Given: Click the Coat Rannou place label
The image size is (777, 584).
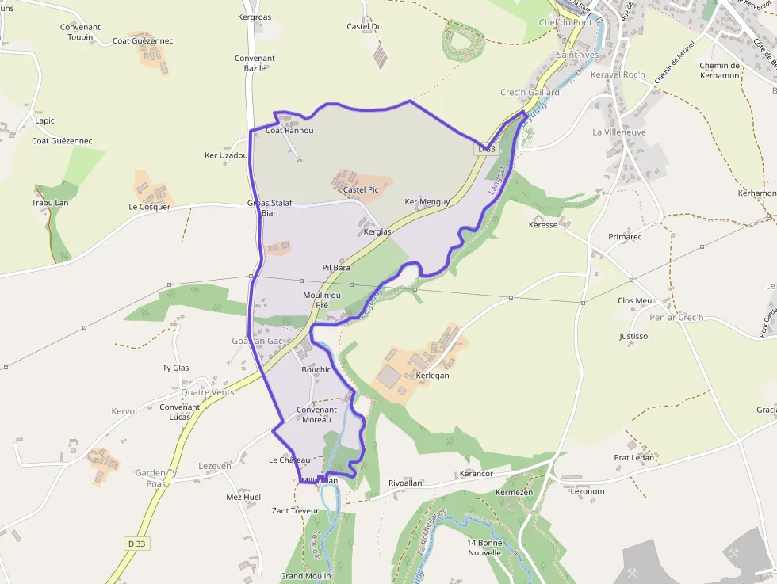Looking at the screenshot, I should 289,131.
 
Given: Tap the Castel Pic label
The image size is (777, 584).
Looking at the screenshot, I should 361,190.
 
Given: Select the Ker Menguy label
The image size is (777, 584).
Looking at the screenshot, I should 427,202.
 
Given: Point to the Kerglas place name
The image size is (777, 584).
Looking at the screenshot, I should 377,231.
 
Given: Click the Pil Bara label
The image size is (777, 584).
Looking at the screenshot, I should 336,268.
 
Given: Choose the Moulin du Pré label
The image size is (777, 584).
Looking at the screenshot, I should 322,300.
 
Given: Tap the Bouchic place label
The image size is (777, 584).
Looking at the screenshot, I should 316,370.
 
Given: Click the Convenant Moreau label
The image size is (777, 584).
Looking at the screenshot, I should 317,414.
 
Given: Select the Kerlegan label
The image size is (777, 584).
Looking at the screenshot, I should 432,376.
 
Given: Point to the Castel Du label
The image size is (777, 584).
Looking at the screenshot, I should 364,26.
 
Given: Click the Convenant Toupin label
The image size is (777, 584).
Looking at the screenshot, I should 80,32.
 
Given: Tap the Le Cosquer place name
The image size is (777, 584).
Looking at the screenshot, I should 150,207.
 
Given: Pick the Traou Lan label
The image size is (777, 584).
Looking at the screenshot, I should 50,203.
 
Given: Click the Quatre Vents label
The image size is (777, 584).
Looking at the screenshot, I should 208,392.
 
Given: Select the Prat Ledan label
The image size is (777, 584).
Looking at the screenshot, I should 634,458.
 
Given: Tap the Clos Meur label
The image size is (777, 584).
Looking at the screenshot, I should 637,301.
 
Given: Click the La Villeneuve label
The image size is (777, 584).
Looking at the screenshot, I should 619,132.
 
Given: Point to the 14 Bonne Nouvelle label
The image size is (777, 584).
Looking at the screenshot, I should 484,548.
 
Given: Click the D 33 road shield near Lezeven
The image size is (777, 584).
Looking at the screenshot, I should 136,543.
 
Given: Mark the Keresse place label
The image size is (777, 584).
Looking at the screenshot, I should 543,225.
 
